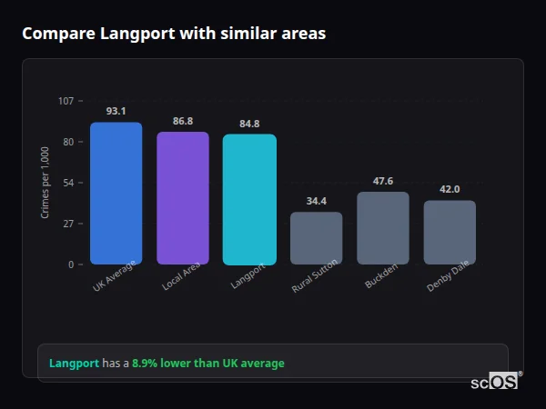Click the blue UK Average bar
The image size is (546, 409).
click(116, 193)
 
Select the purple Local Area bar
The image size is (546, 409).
click(182, 198)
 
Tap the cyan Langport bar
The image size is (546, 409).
click(249, 199)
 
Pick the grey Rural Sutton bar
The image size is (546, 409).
click(316, 238)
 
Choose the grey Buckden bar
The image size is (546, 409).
click(383, 228)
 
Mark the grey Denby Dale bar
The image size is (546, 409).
click(450, 233)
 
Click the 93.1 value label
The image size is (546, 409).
click(116, 111)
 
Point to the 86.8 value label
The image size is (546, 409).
click(182, 121)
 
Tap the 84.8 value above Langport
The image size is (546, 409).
click(249, 124)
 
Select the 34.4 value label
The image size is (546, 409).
click(316, 201)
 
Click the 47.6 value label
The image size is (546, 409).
click(383, 181)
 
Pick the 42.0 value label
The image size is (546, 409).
click(450, 189)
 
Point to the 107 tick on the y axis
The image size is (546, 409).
click(66, 101)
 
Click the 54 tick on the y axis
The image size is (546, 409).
click(68, 183)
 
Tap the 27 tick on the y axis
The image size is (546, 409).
click(68, 224)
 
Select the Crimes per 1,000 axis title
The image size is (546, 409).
click(45, 182)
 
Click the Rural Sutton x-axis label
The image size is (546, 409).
click(316, 275)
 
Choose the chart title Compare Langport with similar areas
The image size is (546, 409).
click(174, 34)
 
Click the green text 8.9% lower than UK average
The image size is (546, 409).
click(208, 364)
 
